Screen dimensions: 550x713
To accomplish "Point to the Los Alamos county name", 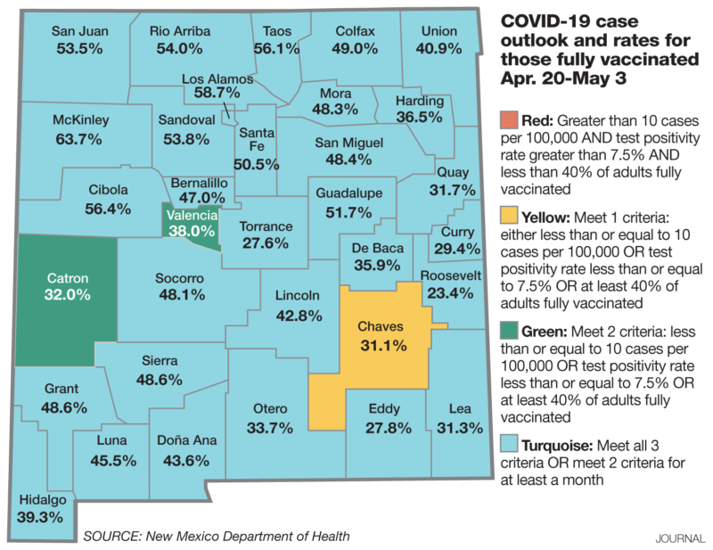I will pyautogui.click(x=217, y=78).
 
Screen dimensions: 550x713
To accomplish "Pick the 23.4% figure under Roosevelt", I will pyautogui.click(x=454, y=291).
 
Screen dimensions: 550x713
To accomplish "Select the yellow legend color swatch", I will pyautogui.click(x=507, y=215).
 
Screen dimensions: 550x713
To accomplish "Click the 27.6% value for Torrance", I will pyautogui.click(x=263, y=242).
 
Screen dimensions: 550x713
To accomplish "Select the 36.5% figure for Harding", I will pyautogui.click(x=418, y=117).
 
